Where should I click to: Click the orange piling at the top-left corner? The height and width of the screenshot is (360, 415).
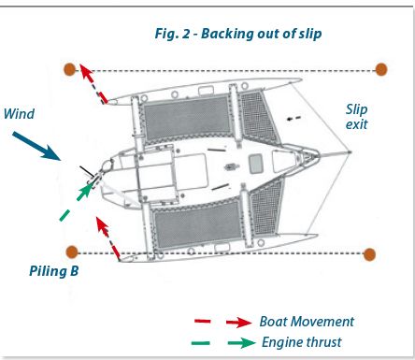(69, 68)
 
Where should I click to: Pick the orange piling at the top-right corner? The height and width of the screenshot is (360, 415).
(381, 68)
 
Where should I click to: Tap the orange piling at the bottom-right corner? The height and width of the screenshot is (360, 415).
(370, 253)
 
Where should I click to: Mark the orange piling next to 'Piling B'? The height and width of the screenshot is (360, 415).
(71, 252)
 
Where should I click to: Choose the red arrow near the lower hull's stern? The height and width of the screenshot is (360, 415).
(108, 237)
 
